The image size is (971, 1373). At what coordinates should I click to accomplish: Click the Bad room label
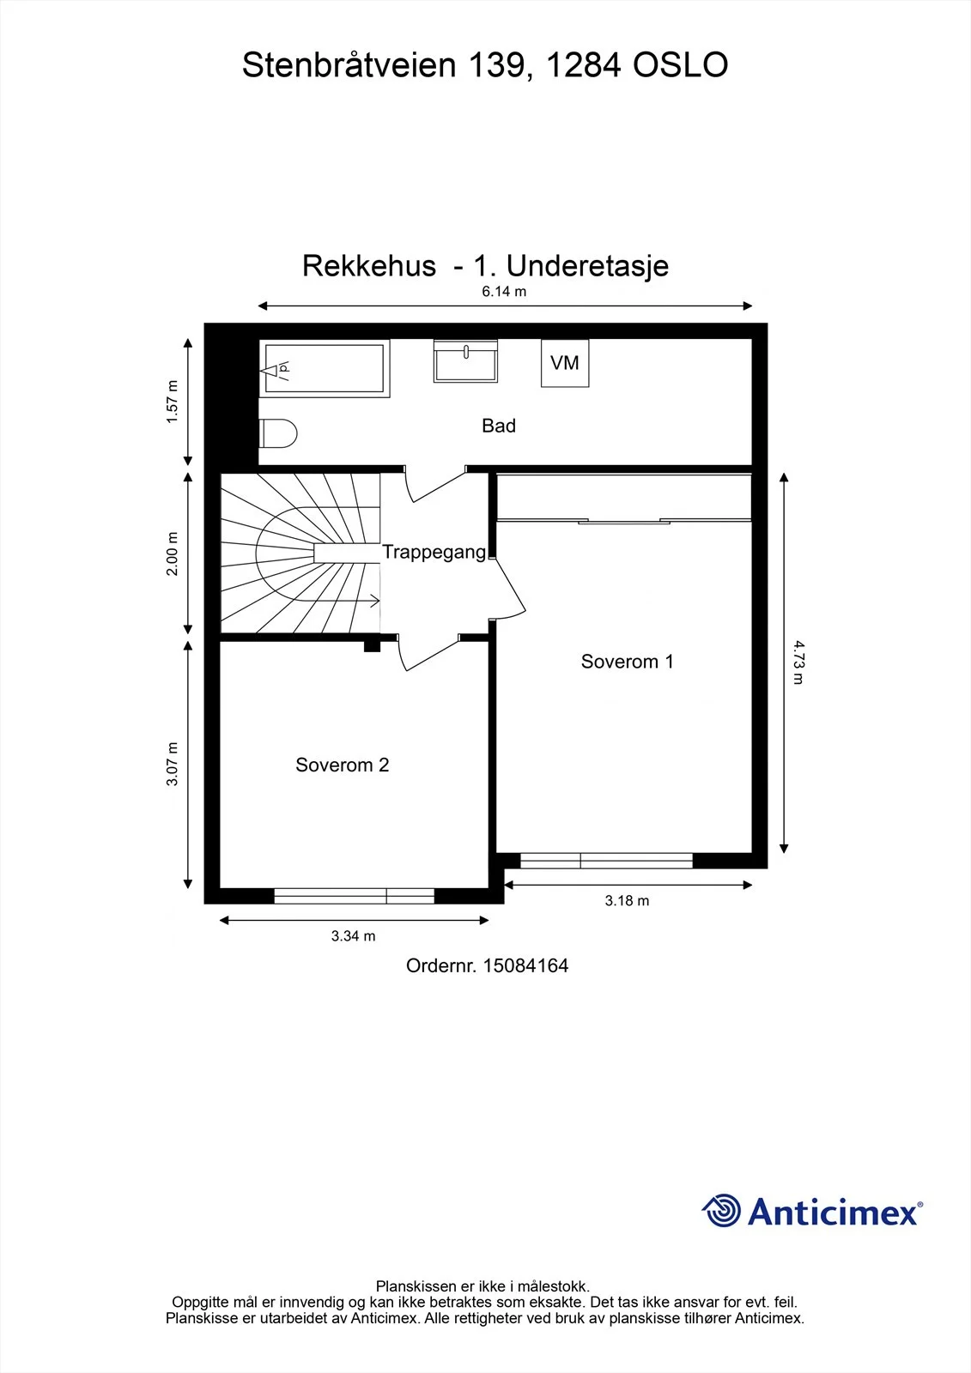pos(498,426)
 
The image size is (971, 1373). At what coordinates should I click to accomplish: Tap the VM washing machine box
pos(565,363)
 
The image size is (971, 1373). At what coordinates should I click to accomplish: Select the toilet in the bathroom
pos(278,433)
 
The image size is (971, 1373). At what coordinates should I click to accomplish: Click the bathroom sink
pos(465,361)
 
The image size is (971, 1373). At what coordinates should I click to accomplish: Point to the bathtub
pos(325,368)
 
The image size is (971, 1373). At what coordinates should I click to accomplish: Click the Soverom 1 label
pos(627,662)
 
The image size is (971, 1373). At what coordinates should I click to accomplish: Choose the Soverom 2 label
pos(343,765)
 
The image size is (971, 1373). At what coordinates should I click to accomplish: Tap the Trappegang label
pos(434,553)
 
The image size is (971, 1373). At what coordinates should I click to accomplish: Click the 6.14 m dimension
pos(504,292)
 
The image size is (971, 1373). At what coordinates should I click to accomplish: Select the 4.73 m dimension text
pos(798,662)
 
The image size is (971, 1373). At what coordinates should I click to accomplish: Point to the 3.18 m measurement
pos(627,900)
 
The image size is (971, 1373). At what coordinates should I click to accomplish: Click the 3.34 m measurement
pos(354,936)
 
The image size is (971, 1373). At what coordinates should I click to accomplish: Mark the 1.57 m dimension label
pos(173,402)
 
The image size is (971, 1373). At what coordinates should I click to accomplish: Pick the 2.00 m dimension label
pos(173,553)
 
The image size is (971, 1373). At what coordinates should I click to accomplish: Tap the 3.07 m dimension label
pos(173,764)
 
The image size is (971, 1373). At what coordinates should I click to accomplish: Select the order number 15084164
pos(525,966)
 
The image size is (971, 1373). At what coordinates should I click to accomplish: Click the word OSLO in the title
pos(680,65)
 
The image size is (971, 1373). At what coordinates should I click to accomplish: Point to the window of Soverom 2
pos(355,896)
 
